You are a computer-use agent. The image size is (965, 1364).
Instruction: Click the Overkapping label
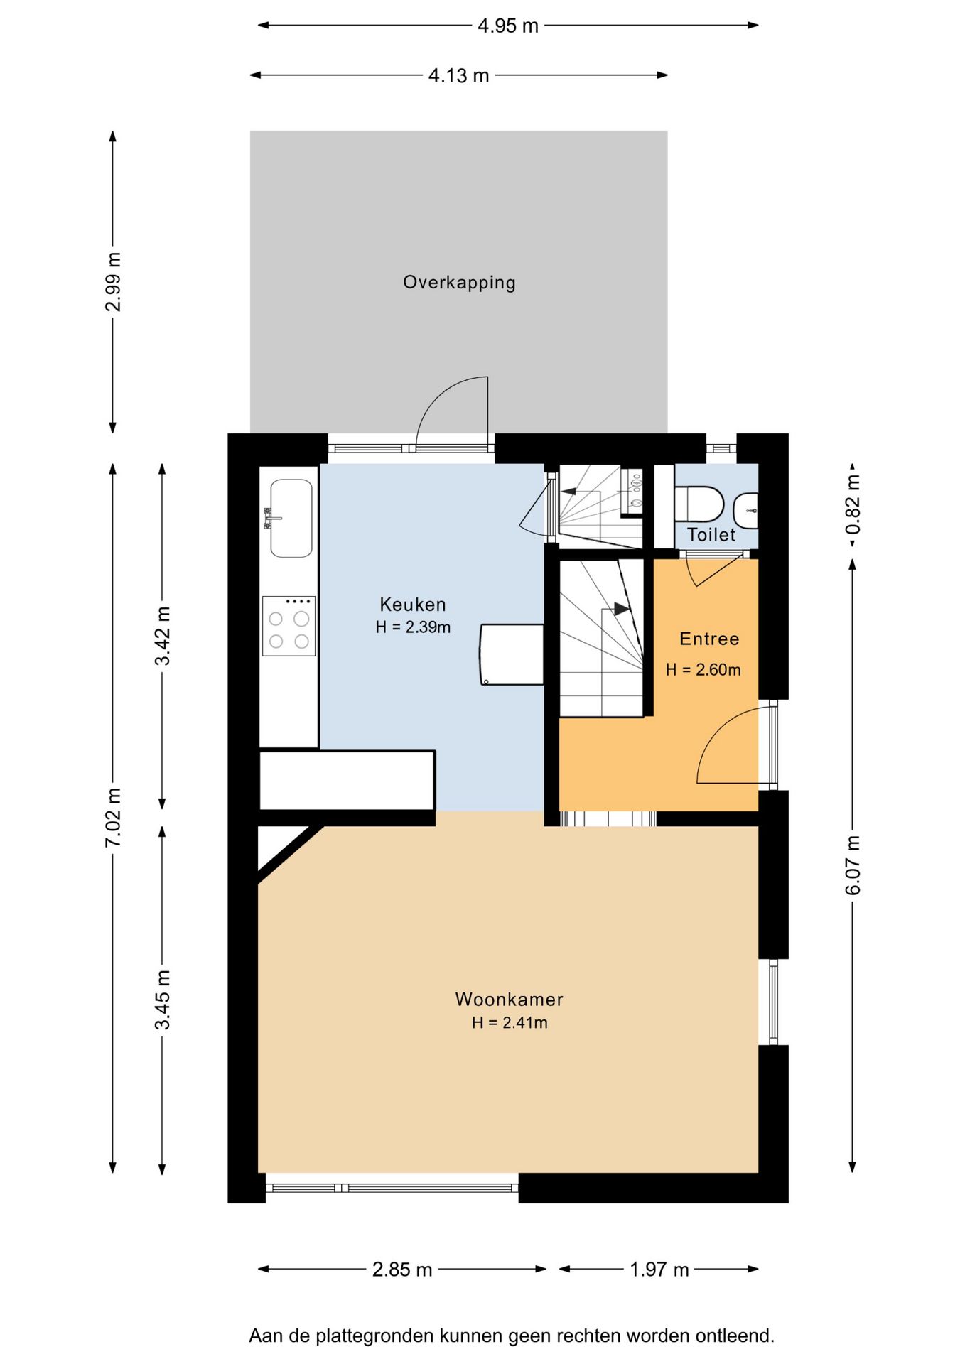pyautogui.click(x=459, y=283)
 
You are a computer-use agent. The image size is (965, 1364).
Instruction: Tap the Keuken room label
pyautogui.click(x=413, y=605)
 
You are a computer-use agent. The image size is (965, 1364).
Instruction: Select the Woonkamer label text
pyautogui.click(x=509, y=1000)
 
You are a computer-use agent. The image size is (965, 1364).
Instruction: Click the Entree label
pyautogui.click(x=709, y=639)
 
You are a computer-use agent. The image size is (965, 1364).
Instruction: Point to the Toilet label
pyautogui.click(x=711, y=534)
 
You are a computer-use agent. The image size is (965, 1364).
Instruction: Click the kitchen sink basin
pyautogui.click(x=291, y=518)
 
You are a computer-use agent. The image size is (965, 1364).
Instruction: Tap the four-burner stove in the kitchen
pyautogui.click(x=289, y=626)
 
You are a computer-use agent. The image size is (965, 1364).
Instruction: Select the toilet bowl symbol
pyautogui.click(x=699, y=504)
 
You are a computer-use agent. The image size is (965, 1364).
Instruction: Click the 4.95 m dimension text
pyautogui.click(x=508, y=26)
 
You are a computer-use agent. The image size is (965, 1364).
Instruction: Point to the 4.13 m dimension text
pyautogui.click(x=459, y=76)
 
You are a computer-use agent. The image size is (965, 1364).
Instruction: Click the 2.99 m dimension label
pyautogui.click(x=114, y=282)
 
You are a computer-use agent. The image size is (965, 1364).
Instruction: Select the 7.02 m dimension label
pyautogui.click(x=114, y=817)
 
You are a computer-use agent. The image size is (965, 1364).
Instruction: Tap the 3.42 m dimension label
pyautogui.click(x=163, y=636)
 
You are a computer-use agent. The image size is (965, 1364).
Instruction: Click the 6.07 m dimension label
pyautogui.click(x=853, y=865)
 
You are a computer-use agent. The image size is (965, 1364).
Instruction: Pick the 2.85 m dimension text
pyautogui.click(x=402, y=1270)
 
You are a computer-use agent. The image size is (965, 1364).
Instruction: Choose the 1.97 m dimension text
pyautogui.click(x=659, y=1270)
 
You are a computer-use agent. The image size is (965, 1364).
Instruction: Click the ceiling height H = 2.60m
pyautogui.click(x=703, y=670)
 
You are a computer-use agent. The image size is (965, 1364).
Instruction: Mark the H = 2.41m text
pyautogui.click(x=510, y=1023)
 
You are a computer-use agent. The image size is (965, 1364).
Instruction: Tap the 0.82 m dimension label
pyautogui.click(x=853, y=504)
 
